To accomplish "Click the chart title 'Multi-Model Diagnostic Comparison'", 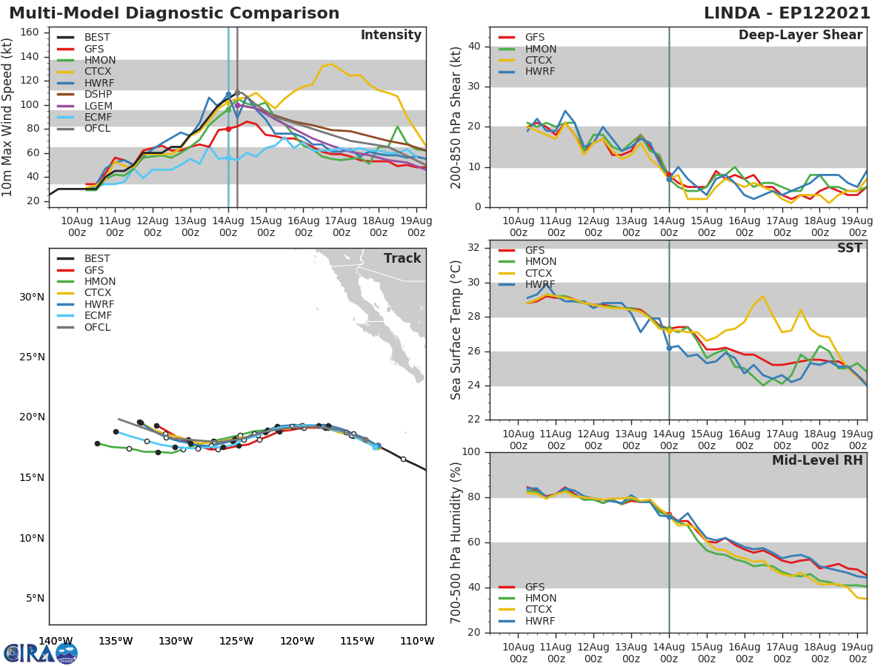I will click(174, 13).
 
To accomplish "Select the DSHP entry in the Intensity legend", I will click(98, 95).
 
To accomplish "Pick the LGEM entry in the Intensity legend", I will click(98, 107).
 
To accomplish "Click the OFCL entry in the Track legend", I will click(98, 327).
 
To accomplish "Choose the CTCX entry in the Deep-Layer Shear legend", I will click(539, 60).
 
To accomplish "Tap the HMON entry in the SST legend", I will click(539, 261).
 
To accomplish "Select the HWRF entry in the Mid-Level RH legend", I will click(539, 621).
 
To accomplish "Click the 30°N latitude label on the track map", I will click(31, 297).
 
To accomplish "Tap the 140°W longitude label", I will click(55, 642).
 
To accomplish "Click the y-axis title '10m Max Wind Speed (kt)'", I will click(9, 118).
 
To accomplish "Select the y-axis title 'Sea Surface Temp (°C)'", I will click(456, 330).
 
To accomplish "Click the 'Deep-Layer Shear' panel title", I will click(800, 36).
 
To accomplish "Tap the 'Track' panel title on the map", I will click(402, 258).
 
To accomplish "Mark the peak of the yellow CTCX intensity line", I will click(330, 64).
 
